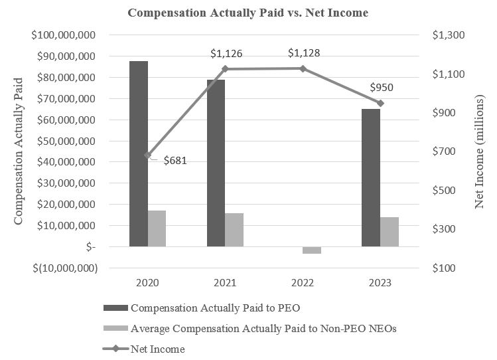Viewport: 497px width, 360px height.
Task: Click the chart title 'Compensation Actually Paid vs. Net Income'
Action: click(x=248, y=12)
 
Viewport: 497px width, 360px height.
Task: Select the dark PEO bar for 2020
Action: click(x=139, y=153)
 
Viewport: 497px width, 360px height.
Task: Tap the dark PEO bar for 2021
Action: click(x=216, y=163)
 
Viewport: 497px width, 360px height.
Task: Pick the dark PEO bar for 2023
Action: click(x=371, y=177)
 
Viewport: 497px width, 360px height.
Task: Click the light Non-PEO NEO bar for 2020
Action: click(x=157, y=228)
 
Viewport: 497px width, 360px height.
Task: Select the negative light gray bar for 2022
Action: click(x=312, y=250)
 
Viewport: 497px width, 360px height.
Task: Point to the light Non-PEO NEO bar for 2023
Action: click(x=390, y=232)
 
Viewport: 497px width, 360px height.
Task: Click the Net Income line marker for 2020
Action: click(x=147, y=155)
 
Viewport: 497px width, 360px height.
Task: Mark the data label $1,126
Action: click(x=226, y=53)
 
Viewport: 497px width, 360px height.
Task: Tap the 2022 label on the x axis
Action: click(x=303, y=282)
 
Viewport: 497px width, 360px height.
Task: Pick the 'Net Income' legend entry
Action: click(x=158, y=349)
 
